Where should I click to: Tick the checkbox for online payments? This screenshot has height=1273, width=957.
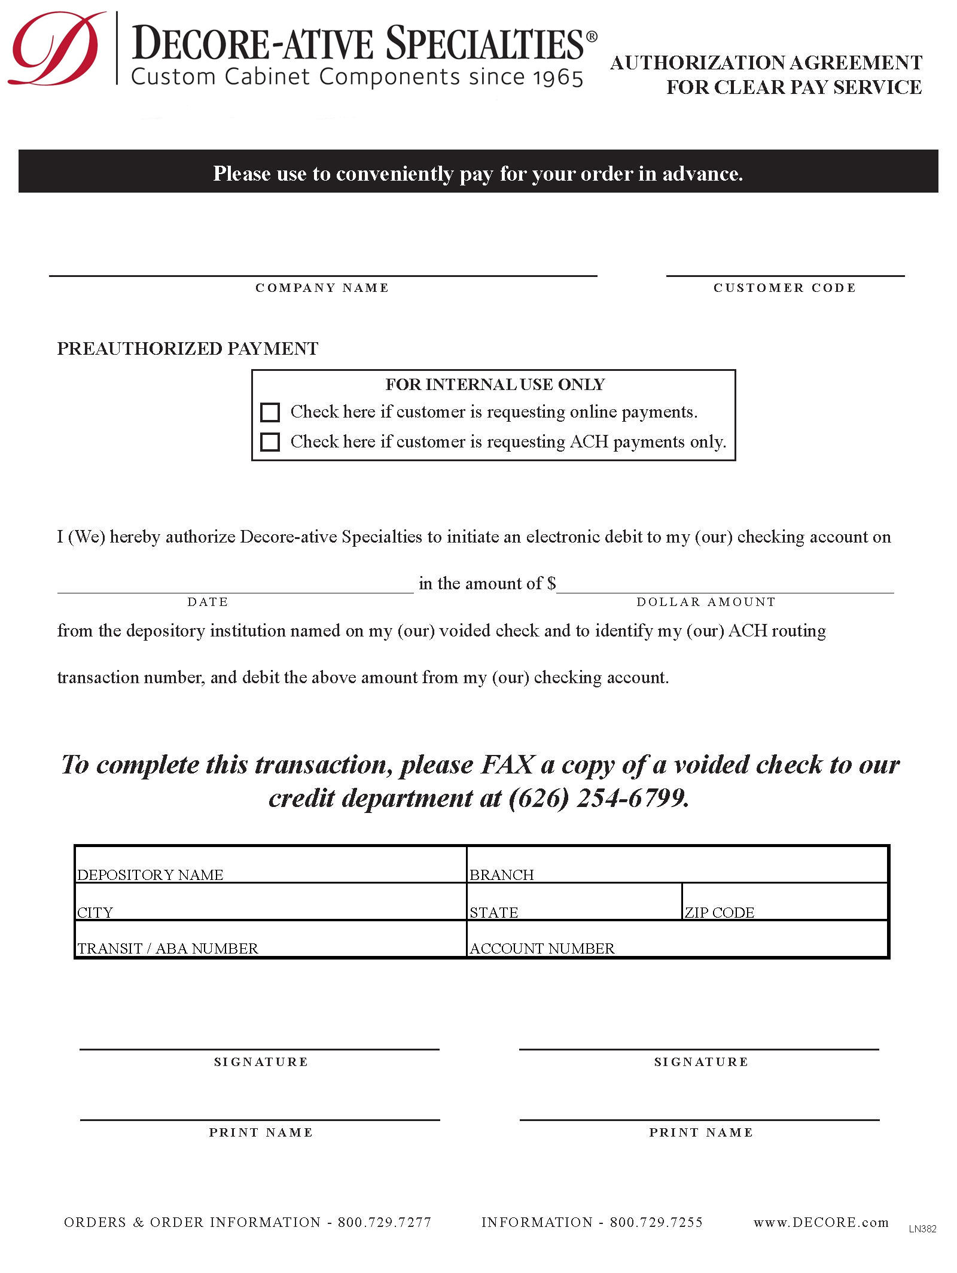270,412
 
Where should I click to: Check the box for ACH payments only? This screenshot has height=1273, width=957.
270,442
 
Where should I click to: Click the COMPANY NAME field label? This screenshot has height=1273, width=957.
322,288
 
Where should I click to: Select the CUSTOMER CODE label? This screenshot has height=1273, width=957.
785,288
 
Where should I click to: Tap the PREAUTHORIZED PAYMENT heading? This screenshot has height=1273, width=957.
188,349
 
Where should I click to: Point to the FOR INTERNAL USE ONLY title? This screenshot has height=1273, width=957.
495,385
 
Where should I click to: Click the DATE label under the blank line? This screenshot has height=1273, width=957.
208,602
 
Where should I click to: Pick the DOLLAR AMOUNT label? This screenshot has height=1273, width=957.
706,602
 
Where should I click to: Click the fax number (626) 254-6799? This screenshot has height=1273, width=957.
599,798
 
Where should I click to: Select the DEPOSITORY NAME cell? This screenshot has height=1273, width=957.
270,864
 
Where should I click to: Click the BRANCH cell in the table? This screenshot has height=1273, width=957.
677,864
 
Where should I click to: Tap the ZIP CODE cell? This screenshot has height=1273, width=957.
784,902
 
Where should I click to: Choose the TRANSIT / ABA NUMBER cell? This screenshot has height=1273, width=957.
270,939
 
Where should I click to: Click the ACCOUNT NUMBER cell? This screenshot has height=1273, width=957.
677,939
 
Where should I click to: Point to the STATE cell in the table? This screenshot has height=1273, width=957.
574,902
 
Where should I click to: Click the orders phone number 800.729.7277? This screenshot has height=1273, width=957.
385,1222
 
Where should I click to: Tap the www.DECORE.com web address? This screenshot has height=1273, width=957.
821,1222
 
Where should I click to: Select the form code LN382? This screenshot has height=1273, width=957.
922,1229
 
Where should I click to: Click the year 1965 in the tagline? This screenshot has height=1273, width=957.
557,78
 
